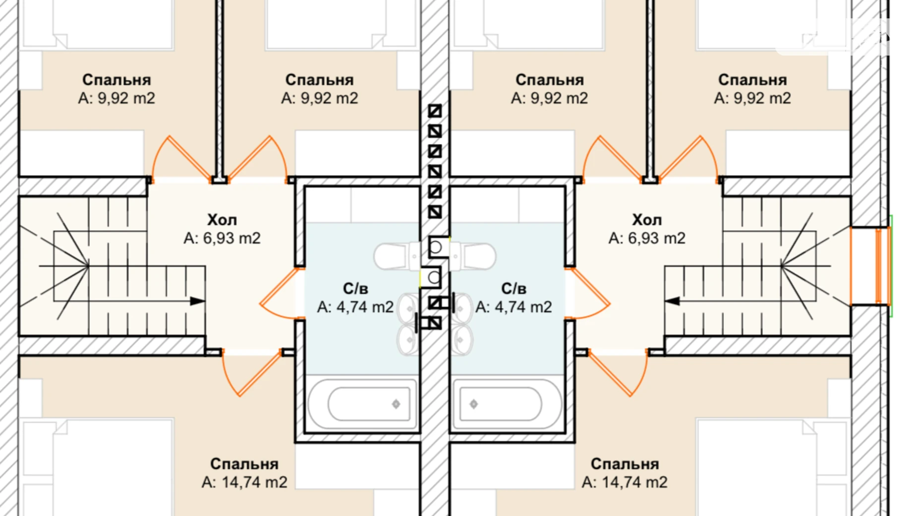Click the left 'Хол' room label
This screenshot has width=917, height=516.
(222, 220)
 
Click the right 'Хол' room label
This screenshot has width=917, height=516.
(647, 220)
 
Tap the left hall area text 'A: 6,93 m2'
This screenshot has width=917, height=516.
(222, 238)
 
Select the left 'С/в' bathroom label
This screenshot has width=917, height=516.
(355, 288)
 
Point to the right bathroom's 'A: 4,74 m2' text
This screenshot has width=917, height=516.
(514, 307)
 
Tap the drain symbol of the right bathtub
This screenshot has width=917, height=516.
(474, 404)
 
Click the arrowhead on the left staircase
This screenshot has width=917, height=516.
(197, 301)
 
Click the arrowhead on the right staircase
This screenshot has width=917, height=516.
(672, 301)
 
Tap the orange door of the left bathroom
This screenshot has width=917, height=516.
(280, 293)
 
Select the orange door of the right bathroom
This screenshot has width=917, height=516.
(589, 293)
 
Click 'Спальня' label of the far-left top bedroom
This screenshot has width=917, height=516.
(116, 80)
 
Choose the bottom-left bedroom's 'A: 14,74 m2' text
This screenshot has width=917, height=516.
(244, 482)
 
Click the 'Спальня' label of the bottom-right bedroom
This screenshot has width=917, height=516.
(625, 464)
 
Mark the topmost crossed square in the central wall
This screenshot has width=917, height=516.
(435, 111)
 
